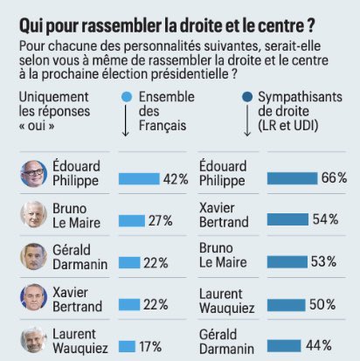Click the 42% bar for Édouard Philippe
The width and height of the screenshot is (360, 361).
pyautogui.click(x=139, y=178)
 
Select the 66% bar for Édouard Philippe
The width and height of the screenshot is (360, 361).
pyautogui.click(x=292, y=178)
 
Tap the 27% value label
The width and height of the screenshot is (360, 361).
pyautogui.click(x=161, y=221)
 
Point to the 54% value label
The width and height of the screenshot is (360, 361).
pyautogui.click(x=325, y=219)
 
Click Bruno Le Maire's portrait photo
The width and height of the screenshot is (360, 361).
pyautogui.click(x=33, y=214)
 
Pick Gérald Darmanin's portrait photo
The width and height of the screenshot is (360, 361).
pyautogui.click(x=33, y=256)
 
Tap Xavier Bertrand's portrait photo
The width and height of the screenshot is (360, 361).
pyautogui.click(x=33, y=297)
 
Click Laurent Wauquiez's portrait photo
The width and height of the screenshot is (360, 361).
pyautogui.click(x=33, y=340)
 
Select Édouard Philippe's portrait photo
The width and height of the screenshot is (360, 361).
pyautogui.click(x=33, y=173)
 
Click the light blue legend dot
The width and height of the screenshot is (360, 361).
pyautogui.click(x=127, y=97)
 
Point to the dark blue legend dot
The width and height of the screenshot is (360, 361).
pyautogui.click(x=247, y=97)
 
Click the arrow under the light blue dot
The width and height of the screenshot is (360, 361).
pyautogui.click(x=126, y=121)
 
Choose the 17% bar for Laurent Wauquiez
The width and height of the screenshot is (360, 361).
pyautogui.click(x=127, y=346)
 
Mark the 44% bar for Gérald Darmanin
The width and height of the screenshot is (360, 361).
pyautogui.click(x=284, y=346)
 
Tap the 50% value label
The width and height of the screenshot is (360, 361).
pyautogui.click(x=322, y=305)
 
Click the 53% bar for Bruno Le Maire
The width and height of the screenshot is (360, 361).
pyautogui.click(x=287, y=261)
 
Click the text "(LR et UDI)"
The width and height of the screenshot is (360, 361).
pyautogui.click(x=288, y=126)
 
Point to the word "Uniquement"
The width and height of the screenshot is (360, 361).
pyautogui.click(x=53, y=97)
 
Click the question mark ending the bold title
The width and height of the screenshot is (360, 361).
pyautogui.click(x=310, y=26)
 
